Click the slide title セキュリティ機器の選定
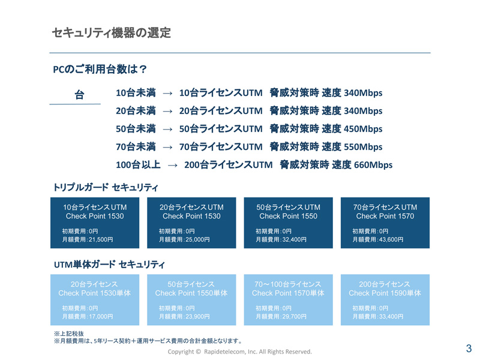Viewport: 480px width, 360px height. [x=112, y=33]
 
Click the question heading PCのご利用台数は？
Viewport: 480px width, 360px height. [x=100, y=69]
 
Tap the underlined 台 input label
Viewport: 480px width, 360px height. [x=80, y=95]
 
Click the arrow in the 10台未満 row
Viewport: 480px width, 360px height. [x=167, y=93]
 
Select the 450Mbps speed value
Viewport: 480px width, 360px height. [x=363, y=129]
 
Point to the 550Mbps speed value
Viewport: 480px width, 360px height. [x=363, y=147]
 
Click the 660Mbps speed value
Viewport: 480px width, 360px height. [x=373, y=165]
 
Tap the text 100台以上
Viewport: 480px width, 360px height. [x=138, y=165]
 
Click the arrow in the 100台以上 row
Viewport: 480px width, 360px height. [x=173, y=166]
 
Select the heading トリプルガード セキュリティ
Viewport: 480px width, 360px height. [x=106, y=187]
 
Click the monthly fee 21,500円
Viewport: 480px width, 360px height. [x=101, y=239]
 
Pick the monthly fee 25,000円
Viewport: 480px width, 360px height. [x=197, y=239]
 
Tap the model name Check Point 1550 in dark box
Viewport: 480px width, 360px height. [x=289, y=216]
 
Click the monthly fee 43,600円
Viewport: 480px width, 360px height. [x=391, y=239]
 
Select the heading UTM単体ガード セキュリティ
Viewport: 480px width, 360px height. [x=109, y=265]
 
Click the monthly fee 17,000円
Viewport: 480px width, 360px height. [x=101, y=317]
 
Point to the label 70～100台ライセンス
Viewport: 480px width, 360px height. [x=288, y=284]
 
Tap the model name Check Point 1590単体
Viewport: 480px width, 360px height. [x=385, y=293]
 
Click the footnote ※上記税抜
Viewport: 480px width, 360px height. [x=69, y=334]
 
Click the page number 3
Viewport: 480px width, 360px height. [x=469, y=349]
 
